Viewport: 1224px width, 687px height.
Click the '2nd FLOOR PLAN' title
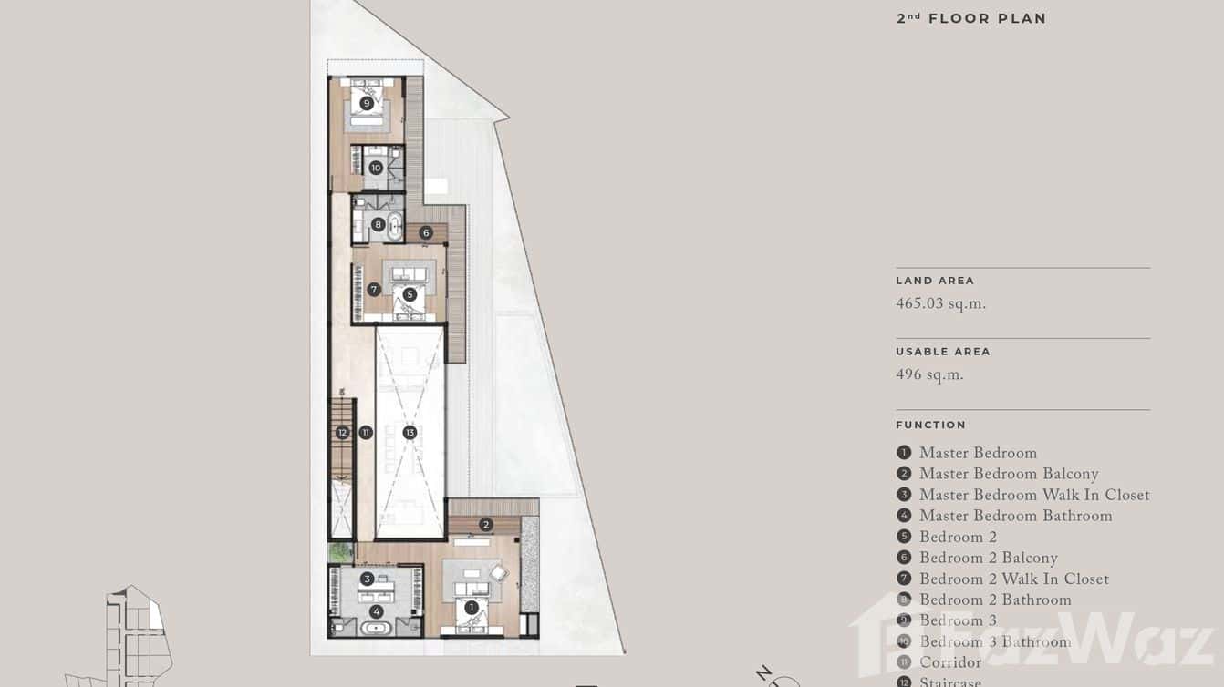pos(971,18)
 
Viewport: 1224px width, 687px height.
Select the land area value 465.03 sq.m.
pos(940,304)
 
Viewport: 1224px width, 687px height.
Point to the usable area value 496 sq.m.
pos(929,375)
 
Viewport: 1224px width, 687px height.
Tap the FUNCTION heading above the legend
pos(930,425)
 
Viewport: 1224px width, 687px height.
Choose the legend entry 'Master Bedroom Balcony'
pos(1008,474)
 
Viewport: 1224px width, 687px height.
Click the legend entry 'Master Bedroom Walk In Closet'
pos(1033,495)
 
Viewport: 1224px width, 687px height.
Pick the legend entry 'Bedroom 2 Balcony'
pos(988,558)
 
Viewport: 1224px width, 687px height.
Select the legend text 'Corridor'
pos(949,662)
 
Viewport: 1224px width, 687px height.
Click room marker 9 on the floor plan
pos(367,104)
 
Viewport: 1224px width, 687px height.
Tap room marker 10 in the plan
pos(376,168)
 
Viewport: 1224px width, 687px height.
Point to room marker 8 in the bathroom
pos(378,224)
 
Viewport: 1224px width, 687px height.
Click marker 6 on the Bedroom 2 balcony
pos(426,233)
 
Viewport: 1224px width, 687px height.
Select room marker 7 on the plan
pos(374,290)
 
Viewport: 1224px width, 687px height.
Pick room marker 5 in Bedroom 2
pos(410,294)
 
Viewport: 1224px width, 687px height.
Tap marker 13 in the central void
pos(410,433)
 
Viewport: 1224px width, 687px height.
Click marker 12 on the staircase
pos(342,433)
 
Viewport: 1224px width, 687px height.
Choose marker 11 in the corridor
pos(366,433)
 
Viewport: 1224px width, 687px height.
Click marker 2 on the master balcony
pos(486,525)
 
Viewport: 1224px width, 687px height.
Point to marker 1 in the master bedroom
pos(472,608)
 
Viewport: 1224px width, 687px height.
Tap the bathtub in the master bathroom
pos(376,628)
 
